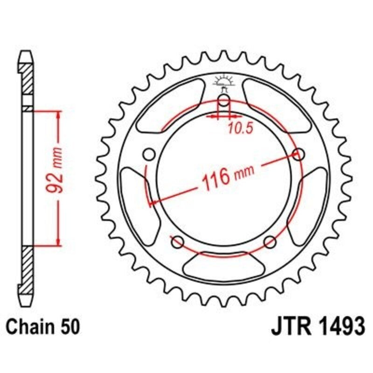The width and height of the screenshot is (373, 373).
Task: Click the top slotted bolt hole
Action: [224, 103]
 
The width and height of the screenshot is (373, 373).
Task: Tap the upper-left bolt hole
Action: [149, 154]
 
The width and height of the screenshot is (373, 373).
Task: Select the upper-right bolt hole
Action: [299, 154]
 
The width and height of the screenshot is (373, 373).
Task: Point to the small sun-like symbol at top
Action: [224, 82]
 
